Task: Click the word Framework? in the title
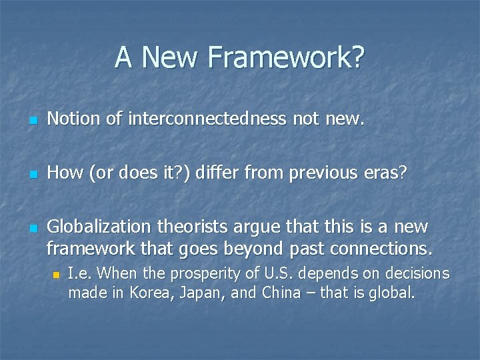287,57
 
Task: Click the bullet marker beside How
33,175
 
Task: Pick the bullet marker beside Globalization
33,228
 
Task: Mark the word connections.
380,249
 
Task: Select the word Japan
204,293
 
